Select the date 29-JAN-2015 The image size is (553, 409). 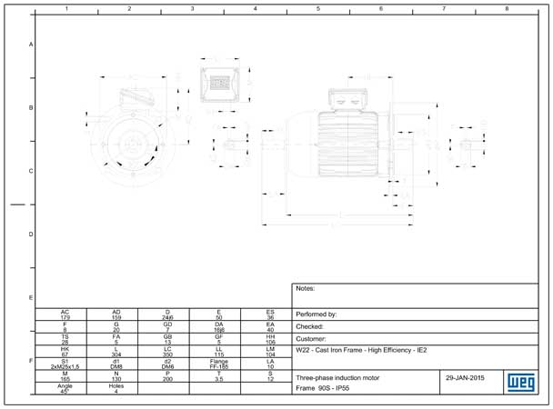point(465,375)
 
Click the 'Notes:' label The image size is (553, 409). point(306,289)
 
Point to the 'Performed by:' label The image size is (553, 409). point(317,314)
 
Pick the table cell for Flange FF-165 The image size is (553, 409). point(219,364)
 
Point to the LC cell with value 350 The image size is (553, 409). point(167,351)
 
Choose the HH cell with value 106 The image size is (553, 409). point(270,339)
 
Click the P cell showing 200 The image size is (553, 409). point(167,375)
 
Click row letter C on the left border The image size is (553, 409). point(31,171)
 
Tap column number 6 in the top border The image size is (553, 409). point(380,8)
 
